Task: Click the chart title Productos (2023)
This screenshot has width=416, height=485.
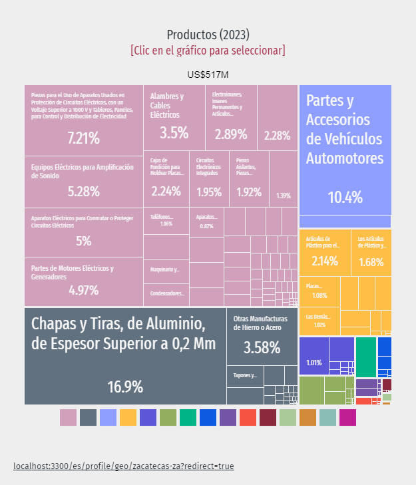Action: click(208, 35)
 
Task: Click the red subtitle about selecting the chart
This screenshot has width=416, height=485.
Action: click(208, 51)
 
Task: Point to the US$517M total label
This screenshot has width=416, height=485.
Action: click(208, 75)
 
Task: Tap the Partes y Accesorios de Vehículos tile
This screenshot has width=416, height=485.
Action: click(344, 149)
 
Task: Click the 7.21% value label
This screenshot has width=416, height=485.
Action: click(83, 138)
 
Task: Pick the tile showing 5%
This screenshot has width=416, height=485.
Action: click(83, 233)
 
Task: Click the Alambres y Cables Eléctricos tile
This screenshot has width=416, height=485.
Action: click(173, 117)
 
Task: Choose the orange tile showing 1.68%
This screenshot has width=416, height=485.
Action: click(371, 253)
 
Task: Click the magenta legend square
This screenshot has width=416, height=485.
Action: click(347, 417)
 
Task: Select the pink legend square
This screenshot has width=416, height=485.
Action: click(68, 417)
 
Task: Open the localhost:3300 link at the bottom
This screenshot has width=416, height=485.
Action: click(123, 466)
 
